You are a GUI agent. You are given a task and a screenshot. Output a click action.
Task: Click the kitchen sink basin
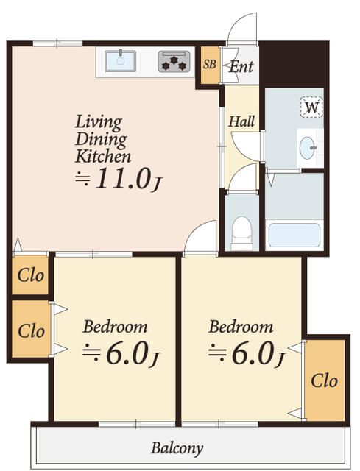120,61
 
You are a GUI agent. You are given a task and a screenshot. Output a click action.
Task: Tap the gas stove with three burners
174,62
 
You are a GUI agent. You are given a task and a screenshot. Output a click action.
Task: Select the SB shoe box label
210,64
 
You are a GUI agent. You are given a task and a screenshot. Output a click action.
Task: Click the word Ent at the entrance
241,67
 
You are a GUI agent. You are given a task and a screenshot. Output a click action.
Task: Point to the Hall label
241,121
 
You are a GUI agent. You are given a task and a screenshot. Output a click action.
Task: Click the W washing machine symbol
311,107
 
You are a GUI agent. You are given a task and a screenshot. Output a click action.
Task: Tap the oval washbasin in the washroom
308,148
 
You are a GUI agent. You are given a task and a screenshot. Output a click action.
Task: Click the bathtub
294,235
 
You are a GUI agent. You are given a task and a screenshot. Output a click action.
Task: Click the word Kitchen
103,157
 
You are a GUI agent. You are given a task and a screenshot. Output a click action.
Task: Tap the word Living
98,123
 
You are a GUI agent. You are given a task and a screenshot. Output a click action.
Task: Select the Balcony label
177,448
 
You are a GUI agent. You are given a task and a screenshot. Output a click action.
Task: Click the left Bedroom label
115,327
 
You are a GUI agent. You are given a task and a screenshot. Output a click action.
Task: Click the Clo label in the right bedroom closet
324,381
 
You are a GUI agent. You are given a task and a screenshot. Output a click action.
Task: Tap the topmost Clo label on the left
31,275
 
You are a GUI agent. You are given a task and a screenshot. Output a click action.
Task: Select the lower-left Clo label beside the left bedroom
31,331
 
